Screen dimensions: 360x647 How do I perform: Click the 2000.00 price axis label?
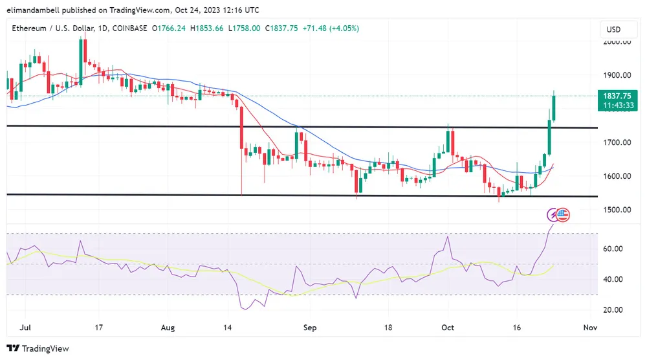(x=617, y=41)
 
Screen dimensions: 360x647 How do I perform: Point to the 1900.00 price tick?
(x=617, y=75)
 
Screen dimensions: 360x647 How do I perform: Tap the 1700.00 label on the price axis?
(x=617, y=142)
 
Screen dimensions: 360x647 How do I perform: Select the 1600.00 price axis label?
(x=617, y=176)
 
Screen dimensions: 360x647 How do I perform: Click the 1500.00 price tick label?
(x=617, y=210)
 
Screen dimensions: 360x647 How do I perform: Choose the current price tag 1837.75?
(x=619, y=95)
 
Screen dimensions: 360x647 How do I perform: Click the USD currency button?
(x=613, y=29)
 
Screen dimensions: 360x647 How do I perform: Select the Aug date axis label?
(x=167, y=328)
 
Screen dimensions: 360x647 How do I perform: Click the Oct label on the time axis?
(x=447, y=328)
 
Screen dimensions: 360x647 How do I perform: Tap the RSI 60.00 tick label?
(x=613, y=249)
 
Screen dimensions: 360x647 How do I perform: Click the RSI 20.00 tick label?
(x=613, y=310)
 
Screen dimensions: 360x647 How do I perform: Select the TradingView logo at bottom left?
(x=38, y=348)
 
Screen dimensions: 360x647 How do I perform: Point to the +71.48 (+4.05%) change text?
(x=331, y=28)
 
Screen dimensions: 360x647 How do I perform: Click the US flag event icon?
(x=563, y=214)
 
